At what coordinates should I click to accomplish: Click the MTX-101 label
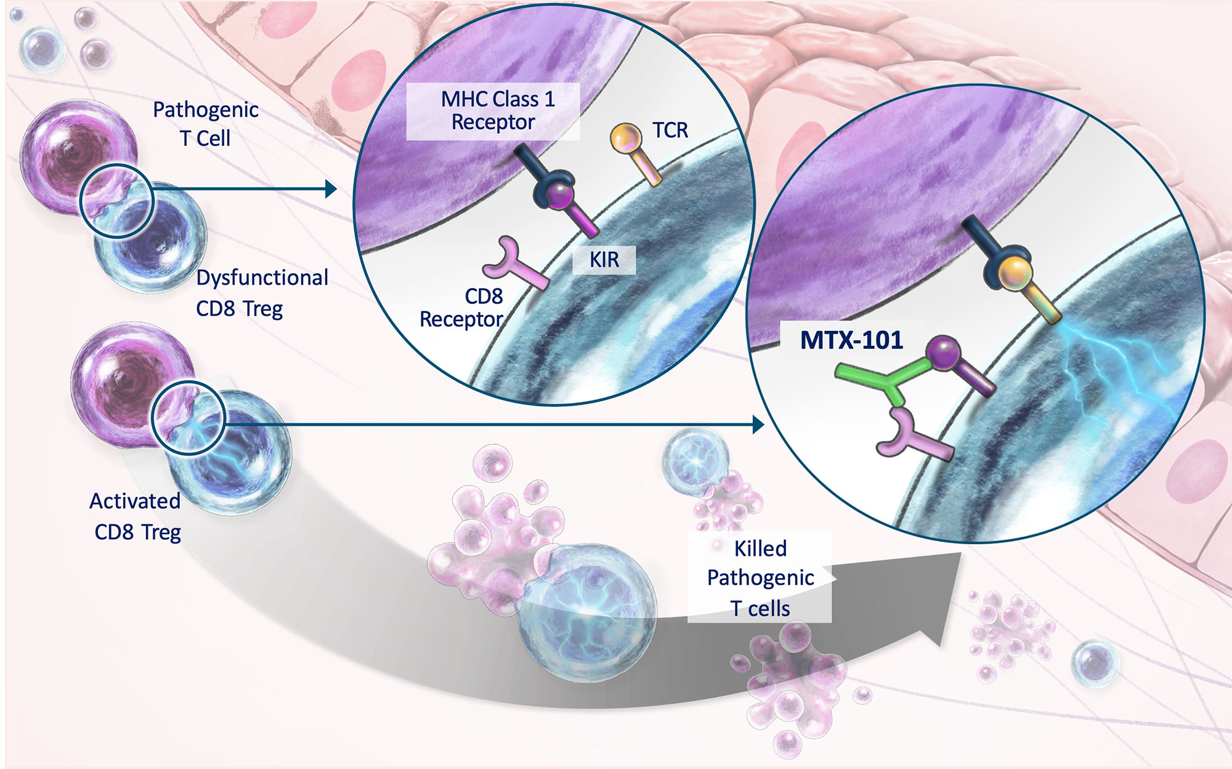(851, 340)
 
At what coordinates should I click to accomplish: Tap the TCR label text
(670, 131)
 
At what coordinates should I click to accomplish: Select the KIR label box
(604, 259)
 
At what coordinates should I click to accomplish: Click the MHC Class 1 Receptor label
(494, 111)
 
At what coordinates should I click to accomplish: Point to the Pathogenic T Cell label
(205, 123)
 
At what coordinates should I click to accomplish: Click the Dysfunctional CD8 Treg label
(261, 293)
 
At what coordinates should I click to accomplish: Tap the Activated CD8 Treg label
(136, 516)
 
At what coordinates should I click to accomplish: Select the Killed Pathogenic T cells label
(760, 578)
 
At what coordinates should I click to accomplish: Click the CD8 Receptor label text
(461, 307)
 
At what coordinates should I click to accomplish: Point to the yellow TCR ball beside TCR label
(626, 138)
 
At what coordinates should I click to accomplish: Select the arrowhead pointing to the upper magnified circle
(331, 189)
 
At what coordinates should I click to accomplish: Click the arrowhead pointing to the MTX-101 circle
(758, 424)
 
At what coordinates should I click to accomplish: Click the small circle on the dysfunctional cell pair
(116, 201)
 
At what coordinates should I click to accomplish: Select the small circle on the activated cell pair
(188, 418)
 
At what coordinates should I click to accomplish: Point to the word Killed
(760, 548)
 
